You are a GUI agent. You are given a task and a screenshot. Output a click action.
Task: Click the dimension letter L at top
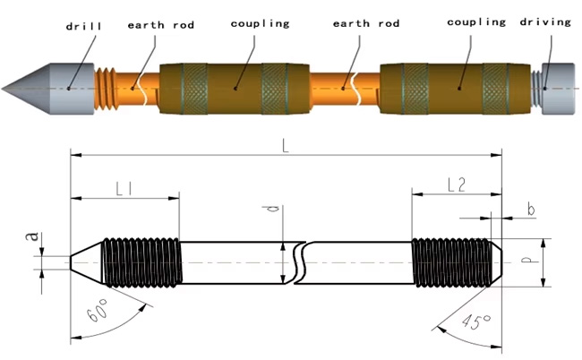[285, 147]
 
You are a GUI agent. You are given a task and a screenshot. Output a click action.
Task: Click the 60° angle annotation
[99, 313]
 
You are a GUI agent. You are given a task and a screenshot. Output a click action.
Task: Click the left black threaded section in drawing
[142, 262]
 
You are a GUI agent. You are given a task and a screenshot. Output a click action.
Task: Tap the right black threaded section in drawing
[452, 262]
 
